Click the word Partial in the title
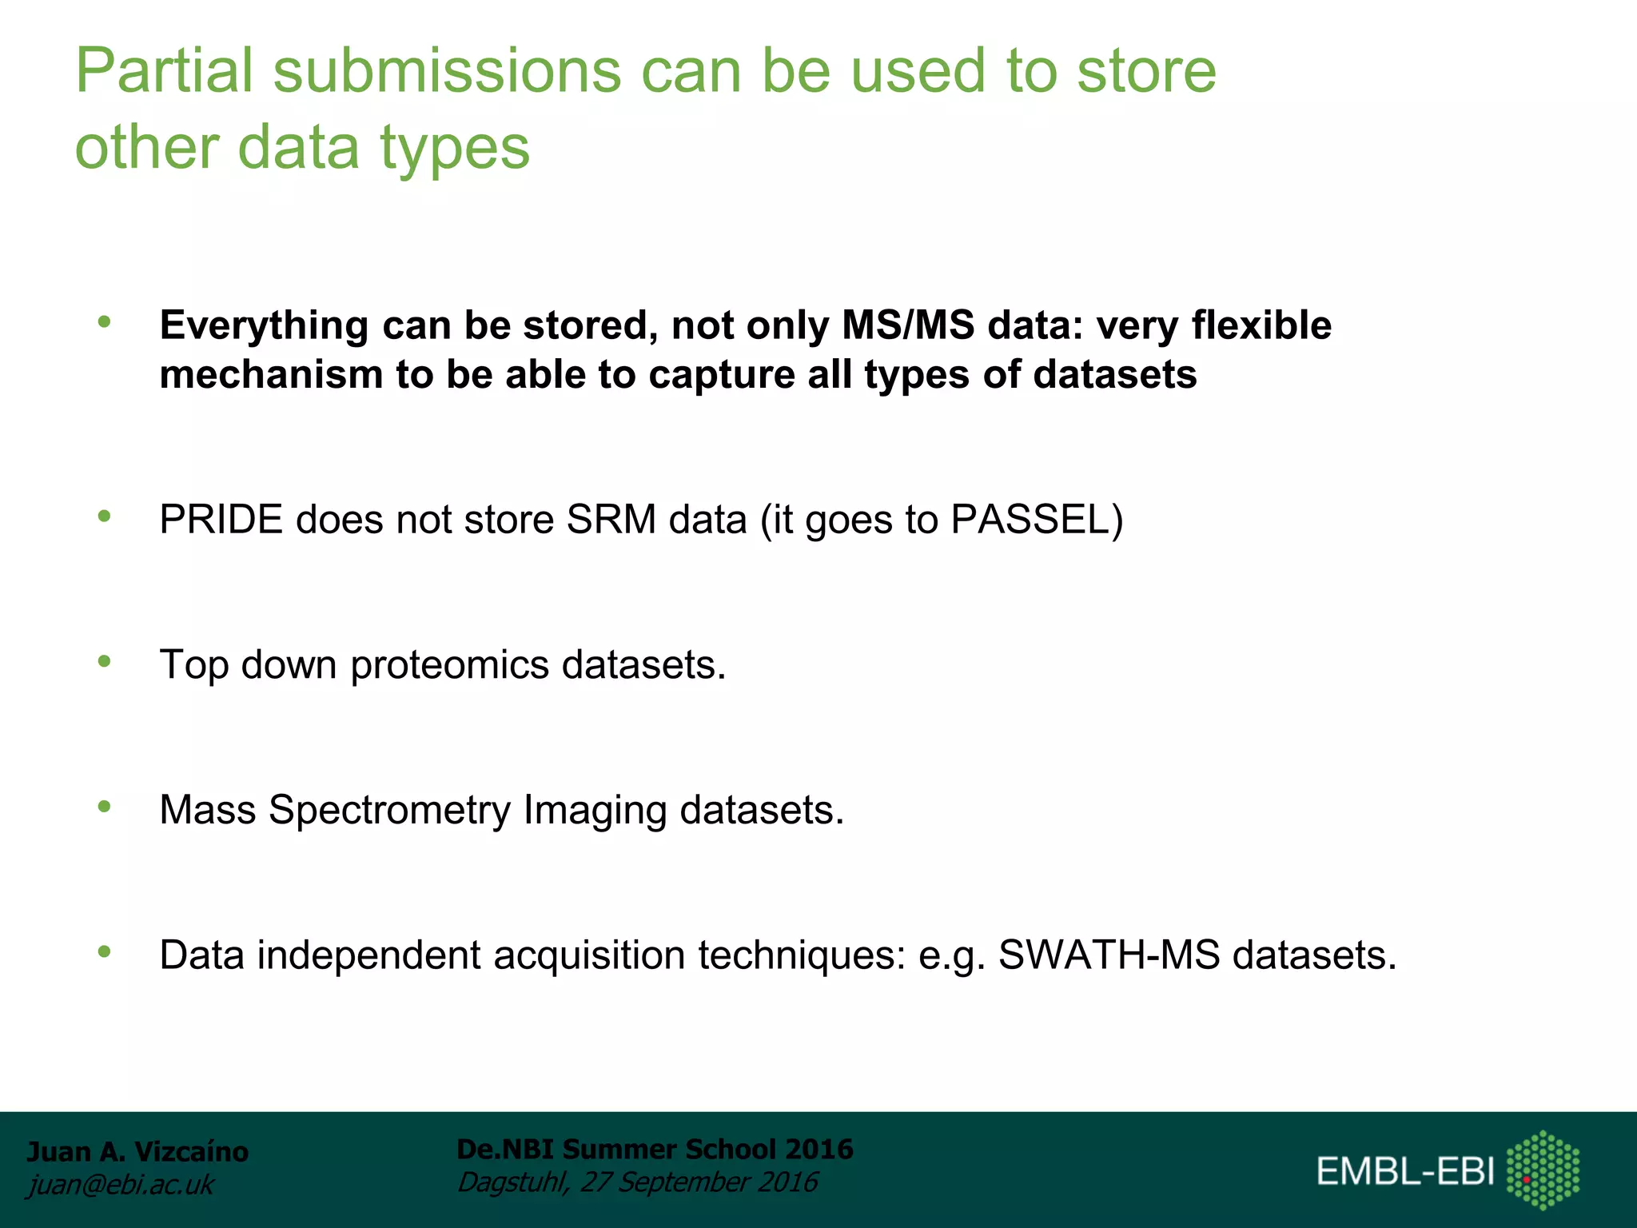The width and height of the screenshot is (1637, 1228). pos(164,72)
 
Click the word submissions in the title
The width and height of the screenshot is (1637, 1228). pos(447,72)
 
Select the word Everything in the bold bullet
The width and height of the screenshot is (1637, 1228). pos(264,326)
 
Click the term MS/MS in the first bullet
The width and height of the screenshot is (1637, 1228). pos(908,326)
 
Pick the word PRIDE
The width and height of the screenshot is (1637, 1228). pos(221,520)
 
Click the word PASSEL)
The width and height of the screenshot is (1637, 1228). pos(1037,520)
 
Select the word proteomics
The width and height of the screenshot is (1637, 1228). pos(449,665)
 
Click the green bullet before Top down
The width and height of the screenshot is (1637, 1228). pos(104,661)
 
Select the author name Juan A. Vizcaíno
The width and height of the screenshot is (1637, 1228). pos(137,1151)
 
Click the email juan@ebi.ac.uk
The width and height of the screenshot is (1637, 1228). pos(121,1185)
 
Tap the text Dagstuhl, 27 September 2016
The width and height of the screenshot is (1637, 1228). pos(637,1182)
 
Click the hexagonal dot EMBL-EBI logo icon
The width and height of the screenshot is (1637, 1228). pos(1543,1170)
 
